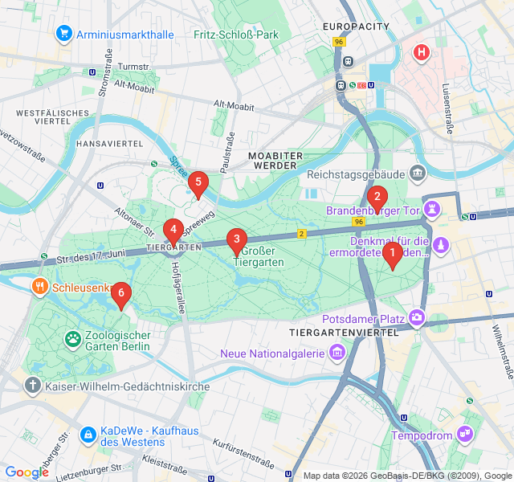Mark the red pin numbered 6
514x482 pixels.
point(120,295)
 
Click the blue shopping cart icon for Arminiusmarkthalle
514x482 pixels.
point(63,34)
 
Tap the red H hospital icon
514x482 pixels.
point(421,53)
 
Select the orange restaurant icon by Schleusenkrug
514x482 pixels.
point(39,287)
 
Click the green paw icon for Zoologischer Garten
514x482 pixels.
point(73,340)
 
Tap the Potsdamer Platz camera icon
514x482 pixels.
point(417,319)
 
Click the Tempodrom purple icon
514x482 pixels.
point(464,435)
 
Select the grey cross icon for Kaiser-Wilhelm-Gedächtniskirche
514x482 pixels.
point(33,386)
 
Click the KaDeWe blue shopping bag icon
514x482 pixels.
point(87,435)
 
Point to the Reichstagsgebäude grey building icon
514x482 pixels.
point(417,174)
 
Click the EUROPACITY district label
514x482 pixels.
point(356,27)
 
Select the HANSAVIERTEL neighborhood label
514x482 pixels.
point(109,143)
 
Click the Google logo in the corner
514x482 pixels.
point(27,472)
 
